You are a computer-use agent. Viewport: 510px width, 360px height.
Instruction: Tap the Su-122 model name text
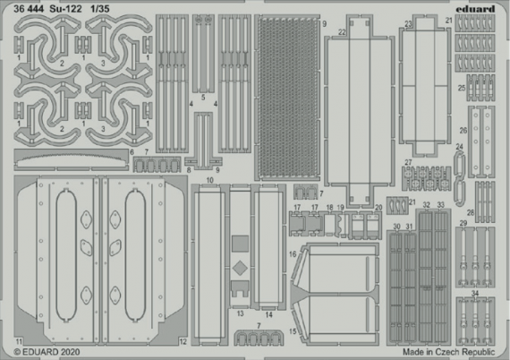click(x=76, y=9)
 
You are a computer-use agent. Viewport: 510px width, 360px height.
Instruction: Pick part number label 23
click(x=408, y=24)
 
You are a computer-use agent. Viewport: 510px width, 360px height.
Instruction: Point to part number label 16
click(x=293, y=255)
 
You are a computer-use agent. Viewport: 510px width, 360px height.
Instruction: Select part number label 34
click(x=475, y=295)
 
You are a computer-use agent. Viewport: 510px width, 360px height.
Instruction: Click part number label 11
click(x=19, y=342)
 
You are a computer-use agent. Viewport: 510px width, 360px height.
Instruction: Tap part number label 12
click(x=183, y=342)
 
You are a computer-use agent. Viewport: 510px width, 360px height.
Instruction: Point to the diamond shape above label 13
click(x=240, y=269)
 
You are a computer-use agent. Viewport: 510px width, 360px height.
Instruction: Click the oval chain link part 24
click(x=460, y=175)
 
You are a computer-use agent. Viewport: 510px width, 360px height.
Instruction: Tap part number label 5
click(x=204, y=97)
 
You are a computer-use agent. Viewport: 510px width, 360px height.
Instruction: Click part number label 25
click(x=461, y=88)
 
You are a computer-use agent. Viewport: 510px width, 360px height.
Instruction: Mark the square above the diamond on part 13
click(x=240, y=242)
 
